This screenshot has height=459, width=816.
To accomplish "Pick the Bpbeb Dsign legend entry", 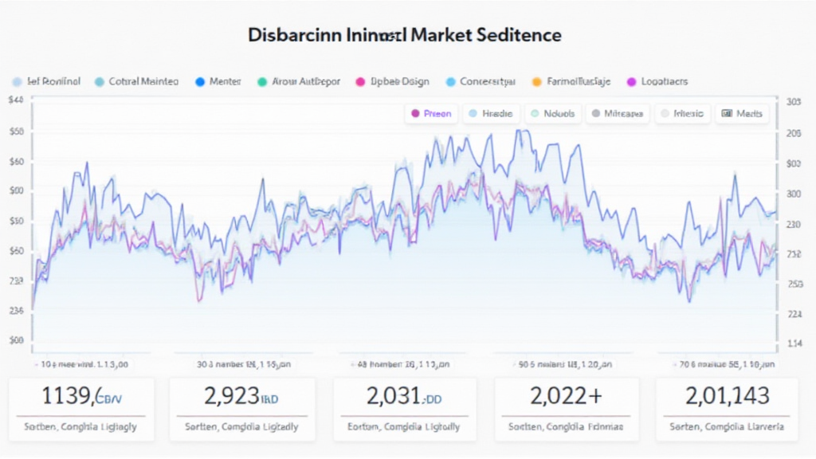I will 399,81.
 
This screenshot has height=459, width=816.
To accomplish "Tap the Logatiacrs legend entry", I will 663,81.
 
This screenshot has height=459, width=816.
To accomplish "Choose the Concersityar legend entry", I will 487,81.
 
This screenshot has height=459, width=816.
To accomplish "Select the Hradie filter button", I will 494,114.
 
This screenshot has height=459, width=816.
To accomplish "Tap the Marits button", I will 742,114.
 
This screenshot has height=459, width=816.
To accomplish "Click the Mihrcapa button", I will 618,114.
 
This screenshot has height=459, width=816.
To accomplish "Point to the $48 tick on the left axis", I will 15,101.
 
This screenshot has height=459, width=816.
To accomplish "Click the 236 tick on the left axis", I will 17,311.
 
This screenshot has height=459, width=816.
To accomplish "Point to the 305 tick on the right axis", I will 793,102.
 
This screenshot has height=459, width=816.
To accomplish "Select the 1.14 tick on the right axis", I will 794,343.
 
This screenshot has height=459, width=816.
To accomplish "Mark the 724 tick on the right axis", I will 794,314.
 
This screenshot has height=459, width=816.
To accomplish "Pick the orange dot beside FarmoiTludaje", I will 536,81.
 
